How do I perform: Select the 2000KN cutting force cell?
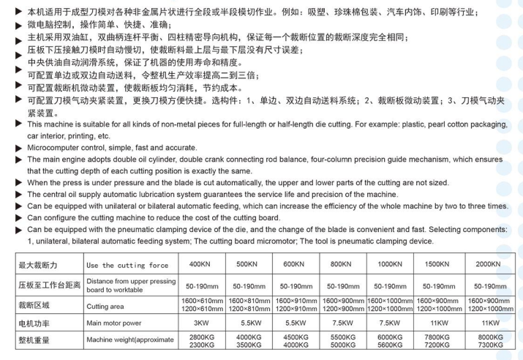click(x=486, y=264)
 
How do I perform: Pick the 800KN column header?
click(x=343, y=264)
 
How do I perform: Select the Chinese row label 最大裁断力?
click(x=38, y=264)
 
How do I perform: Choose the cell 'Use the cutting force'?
click(x=127, y=265)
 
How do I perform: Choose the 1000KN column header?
click(x=391, y=264)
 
